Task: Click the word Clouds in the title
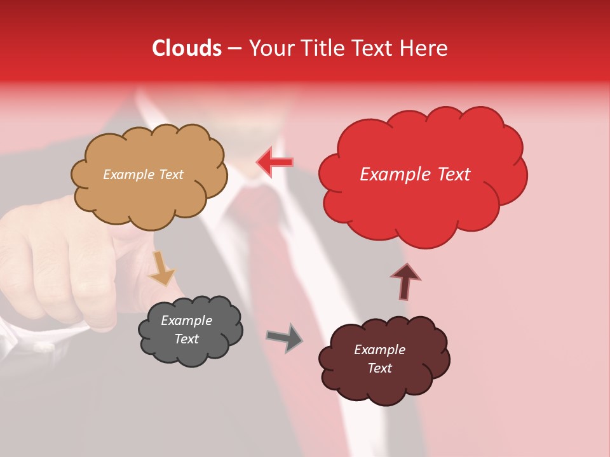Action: (x=187, y=48)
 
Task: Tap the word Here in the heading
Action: (x=425, y=48)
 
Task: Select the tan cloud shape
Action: (x=149, y=197)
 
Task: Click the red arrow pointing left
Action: (x=274, y=162)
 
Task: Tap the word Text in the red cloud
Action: (x=453, y=175)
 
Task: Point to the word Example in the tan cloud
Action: (x=128, y=175)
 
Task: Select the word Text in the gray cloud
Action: (x=187, y=339)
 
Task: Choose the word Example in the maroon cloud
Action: (x=379, y=350)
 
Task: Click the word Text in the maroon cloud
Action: (x=379, y=368)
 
